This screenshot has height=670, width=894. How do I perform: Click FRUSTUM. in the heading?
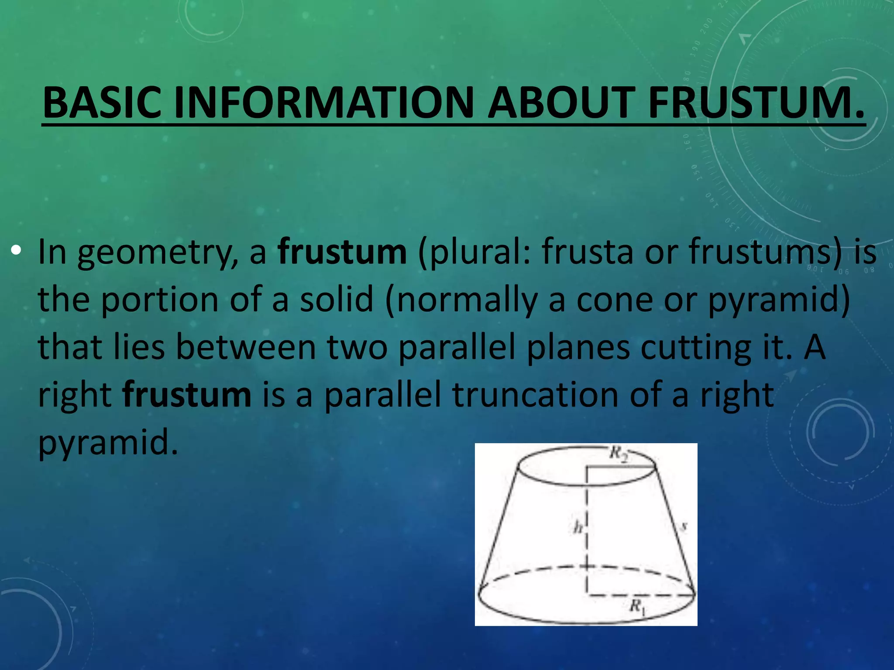pyautogui.click(x=756, y=103)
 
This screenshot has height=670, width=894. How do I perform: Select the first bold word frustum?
pyautogui.click(x=342, y=252)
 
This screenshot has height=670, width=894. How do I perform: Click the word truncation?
pyautogui.click(x=535, y=395)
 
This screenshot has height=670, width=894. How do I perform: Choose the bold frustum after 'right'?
pyautogui.click(x=187, y=395)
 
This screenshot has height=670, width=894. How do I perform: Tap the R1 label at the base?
pyautogui.click(x=637, y=606)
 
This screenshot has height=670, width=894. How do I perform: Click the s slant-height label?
pyautogui.click(x=684, y=526)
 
